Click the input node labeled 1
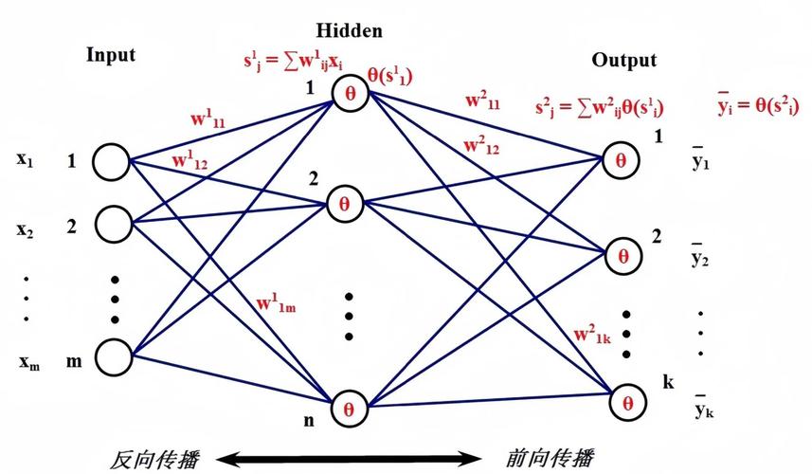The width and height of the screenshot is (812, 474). pos(112,161)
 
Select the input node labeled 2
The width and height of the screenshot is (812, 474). pos(112,224)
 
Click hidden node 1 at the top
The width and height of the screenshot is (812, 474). pos(349,93)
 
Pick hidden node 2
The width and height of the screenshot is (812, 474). pos(345,203)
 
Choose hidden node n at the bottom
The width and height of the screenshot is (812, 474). pos(349,409)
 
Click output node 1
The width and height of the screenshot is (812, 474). pos(621,159)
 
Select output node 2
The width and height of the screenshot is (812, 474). pos(623,256)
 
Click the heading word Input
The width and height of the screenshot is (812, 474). pos(111,55)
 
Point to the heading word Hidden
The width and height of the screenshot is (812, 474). pos(351,30)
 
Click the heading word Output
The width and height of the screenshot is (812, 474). pos(623,61)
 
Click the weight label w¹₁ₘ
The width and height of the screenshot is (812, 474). pos(276,305)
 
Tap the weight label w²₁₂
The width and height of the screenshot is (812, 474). pos(482,147)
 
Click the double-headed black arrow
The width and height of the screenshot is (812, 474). pos(345,460)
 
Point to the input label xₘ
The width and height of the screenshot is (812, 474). pos(27,361)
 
